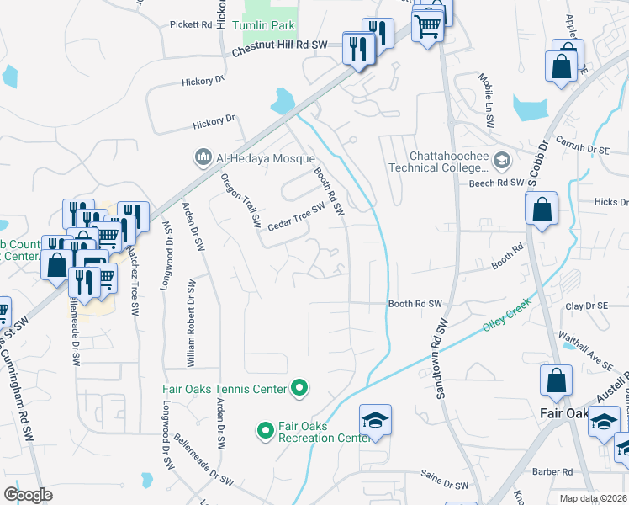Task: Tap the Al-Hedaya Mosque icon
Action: (x=203, y=157)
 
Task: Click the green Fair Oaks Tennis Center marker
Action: (x=299, y=389)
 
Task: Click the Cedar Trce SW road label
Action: (x=296, y=217)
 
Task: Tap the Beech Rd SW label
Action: (x=497, y=183)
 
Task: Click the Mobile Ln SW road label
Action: (x=487, y=104)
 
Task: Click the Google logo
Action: (x=28, y=495)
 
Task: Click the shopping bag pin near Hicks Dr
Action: (x=542, y=210)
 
